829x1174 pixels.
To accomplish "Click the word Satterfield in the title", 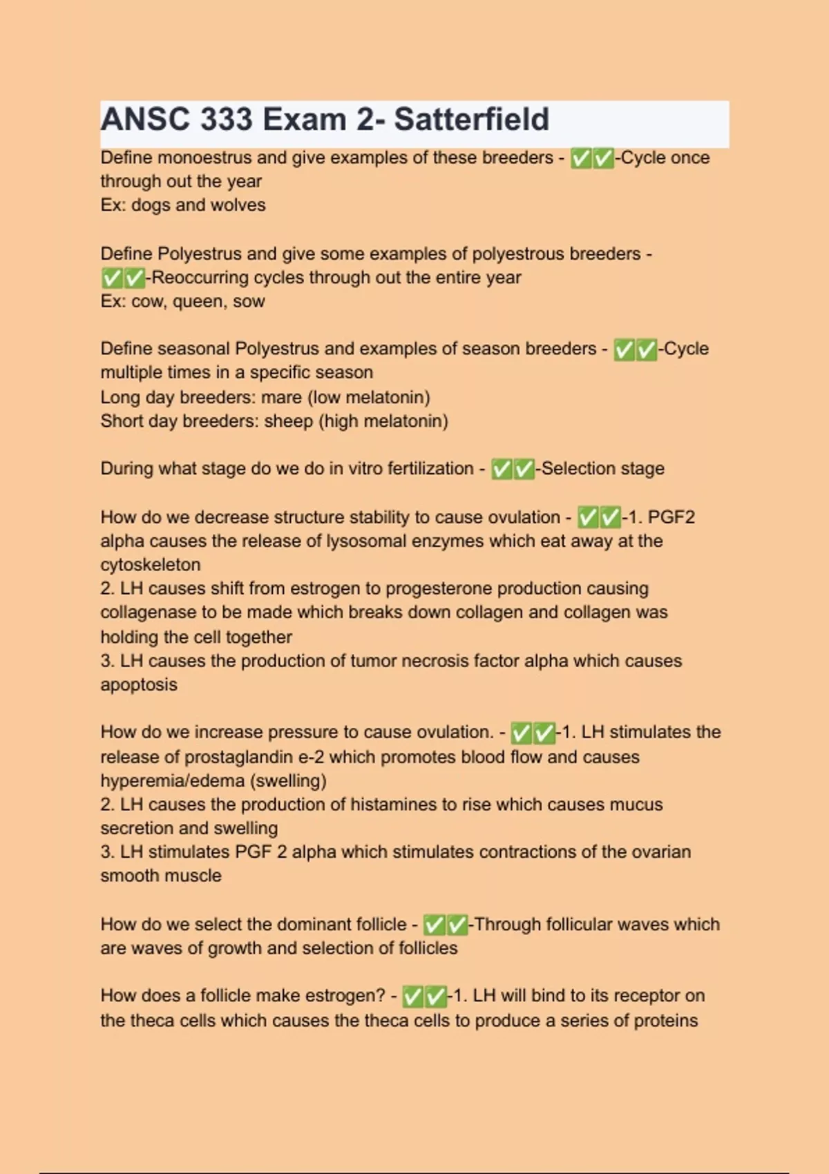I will point(471,119).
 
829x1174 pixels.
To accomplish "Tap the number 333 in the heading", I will point(227,119).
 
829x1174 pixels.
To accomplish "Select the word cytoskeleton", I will point(151,565).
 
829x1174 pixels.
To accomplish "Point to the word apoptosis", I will point(139,685).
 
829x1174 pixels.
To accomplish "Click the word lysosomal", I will point(368,541).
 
